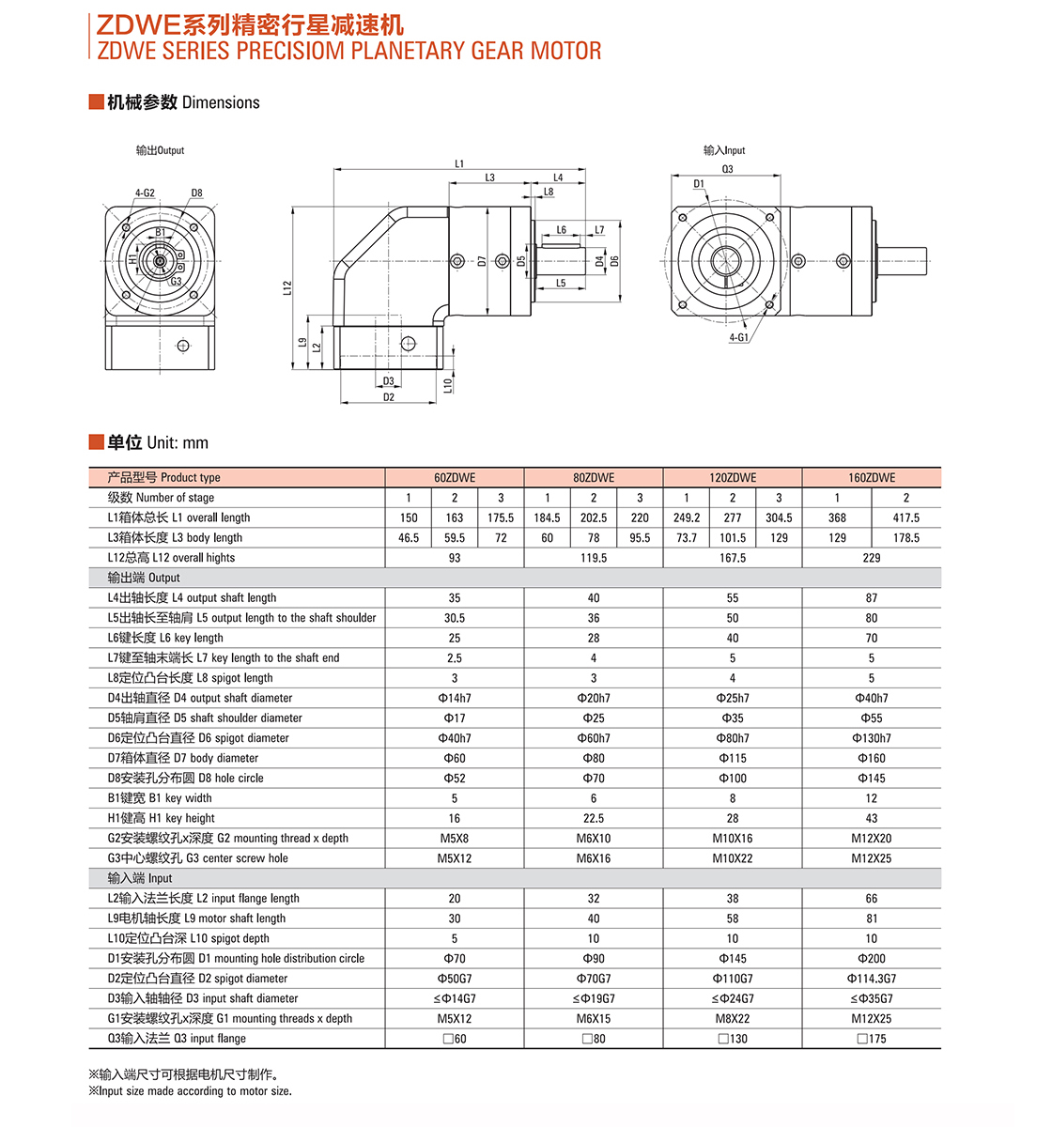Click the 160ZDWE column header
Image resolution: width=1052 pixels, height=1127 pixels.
pos(872,477)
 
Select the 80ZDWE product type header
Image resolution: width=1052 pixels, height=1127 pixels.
pos(594,477)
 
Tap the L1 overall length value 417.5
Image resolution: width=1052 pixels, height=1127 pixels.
pos(905,517)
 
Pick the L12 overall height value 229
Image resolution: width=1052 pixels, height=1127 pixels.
pos(872,558)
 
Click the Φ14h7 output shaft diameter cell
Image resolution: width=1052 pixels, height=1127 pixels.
pos(455,698)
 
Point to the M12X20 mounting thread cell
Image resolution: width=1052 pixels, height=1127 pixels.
pos(872,838)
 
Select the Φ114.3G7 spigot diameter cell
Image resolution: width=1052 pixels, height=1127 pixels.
pos(872,979)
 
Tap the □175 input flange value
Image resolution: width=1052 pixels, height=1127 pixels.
pos(872,1039)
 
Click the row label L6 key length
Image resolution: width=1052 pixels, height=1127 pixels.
pos(165,638)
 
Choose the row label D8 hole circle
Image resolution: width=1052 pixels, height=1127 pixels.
pos(185,778)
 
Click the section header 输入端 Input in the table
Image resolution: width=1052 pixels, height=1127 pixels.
pos(140,878)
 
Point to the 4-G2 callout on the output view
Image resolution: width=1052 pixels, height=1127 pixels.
pos(145,193)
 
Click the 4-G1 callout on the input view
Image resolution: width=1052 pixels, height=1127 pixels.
pos(738,337)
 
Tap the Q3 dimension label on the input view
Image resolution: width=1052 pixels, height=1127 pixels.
pos(727,169)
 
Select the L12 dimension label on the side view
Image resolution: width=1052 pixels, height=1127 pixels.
pos(287,287)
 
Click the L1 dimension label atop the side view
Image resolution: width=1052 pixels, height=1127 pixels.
pos(459,163)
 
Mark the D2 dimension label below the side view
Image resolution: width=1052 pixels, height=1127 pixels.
pos(389,397)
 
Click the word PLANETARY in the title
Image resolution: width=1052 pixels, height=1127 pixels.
pos(408,51)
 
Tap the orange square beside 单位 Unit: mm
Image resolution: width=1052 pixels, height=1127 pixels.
pos(96,442)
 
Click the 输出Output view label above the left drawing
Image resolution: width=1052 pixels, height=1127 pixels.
pos(160,150)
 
